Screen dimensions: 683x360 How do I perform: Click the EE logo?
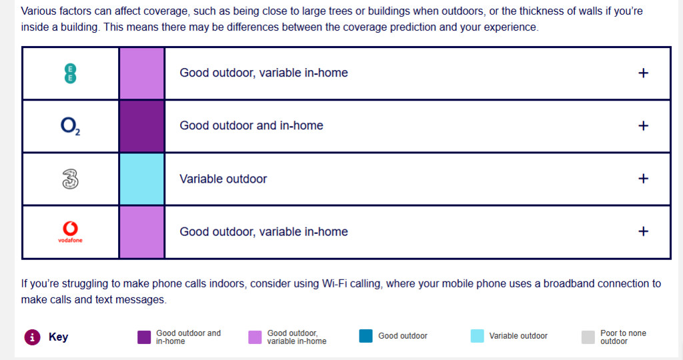click(70, 73)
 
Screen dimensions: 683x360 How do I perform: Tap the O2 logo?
click(70, 126)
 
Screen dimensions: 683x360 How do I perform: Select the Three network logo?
click(70, 179)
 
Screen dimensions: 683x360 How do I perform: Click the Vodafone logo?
click(70, 231)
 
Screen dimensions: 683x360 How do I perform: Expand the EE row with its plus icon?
click(644, 73)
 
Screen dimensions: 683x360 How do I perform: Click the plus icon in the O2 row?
click(644, 126)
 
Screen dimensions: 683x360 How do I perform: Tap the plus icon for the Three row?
click(644, 179)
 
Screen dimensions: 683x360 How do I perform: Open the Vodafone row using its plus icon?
click(644, 231)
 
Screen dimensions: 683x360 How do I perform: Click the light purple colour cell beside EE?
click(142, 73)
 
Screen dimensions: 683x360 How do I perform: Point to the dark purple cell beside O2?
click(142, 126)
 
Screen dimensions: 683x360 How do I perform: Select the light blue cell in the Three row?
click(142, 179)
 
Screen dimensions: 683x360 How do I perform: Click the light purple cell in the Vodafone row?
click(142, 232)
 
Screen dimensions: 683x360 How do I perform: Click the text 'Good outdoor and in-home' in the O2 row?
click(251, 125)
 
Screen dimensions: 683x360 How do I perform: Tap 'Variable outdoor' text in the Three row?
click(223, 179)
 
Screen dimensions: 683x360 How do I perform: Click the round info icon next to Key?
click(32, 337)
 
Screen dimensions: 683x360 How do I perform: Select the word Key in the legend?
click(59, 337)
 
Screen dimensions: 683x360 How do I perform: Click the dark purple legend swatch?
click(144, 337)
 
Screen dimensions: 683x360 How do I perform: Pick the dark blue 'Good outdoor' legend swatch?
click(366, 336)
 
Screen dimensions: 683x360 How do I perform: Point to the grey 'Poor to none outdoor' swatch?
click(588, 337)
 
